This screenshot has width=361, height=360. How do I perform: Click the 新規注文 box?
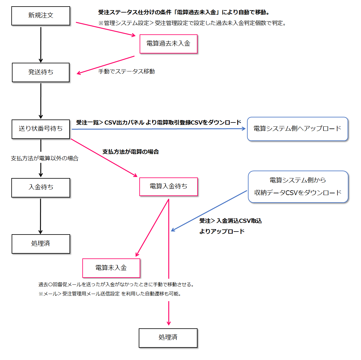tap(41, 16)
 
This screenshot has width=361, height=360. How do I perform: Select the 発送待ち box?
tap(41, 72)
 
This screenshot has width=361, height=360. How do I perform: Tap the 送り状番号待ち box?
tap(41, 129)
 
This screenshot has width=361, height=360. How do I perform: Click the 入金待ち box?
tap(41, 187)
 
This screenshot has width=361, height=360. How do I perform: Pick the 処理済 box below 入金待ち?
tap(41, 243)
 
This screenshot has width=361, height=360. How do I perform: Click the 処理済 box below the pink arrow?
tap(168, 338)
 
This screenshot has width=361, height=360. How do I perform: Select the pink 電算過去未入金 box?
tap(168, 44)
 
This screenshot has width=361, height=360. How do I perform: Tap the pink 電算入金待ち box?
tap(168, 186)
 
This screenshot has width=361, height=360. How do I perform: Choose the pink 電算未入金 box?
tap(111, 268)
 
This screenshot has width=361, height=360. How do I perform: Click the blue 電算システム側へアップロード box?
tap(297, 129)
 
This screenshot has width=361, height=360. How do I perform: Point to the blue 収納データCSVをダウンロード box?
tap(298, 187)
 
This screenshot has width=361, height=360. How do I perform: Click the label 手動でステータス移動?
tap(126, 71)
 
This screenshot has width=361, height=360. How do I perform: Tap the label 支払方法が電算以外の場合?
tap(45, 158)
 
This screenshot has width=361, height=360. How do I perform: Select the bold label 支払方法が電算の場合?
tap(130, 152)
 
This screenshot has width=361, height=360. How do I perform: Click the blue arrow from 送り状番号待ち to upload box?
tap(158, 129)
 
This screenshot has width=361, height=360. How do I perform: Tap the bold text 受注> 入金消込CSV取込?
tap(230, 221)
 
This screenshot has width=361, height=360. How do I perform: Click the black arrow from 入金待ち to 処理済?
tap(41, 216)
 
